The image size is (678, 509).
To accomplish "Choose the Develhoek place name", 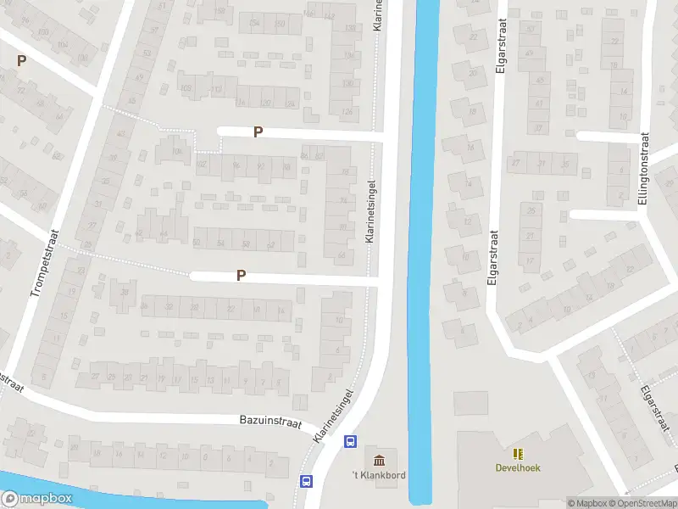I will (518, 467).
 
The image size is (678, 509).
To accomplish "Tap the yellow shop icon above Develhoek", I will (518, 454).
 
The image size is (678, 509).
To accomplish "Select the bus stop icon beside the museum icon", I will (349, 441).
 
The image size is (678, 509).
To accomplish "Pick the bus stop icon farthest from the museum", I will (306, 481).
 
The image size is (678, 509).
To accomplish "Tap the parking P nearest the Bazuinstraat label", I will (242, 275).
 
